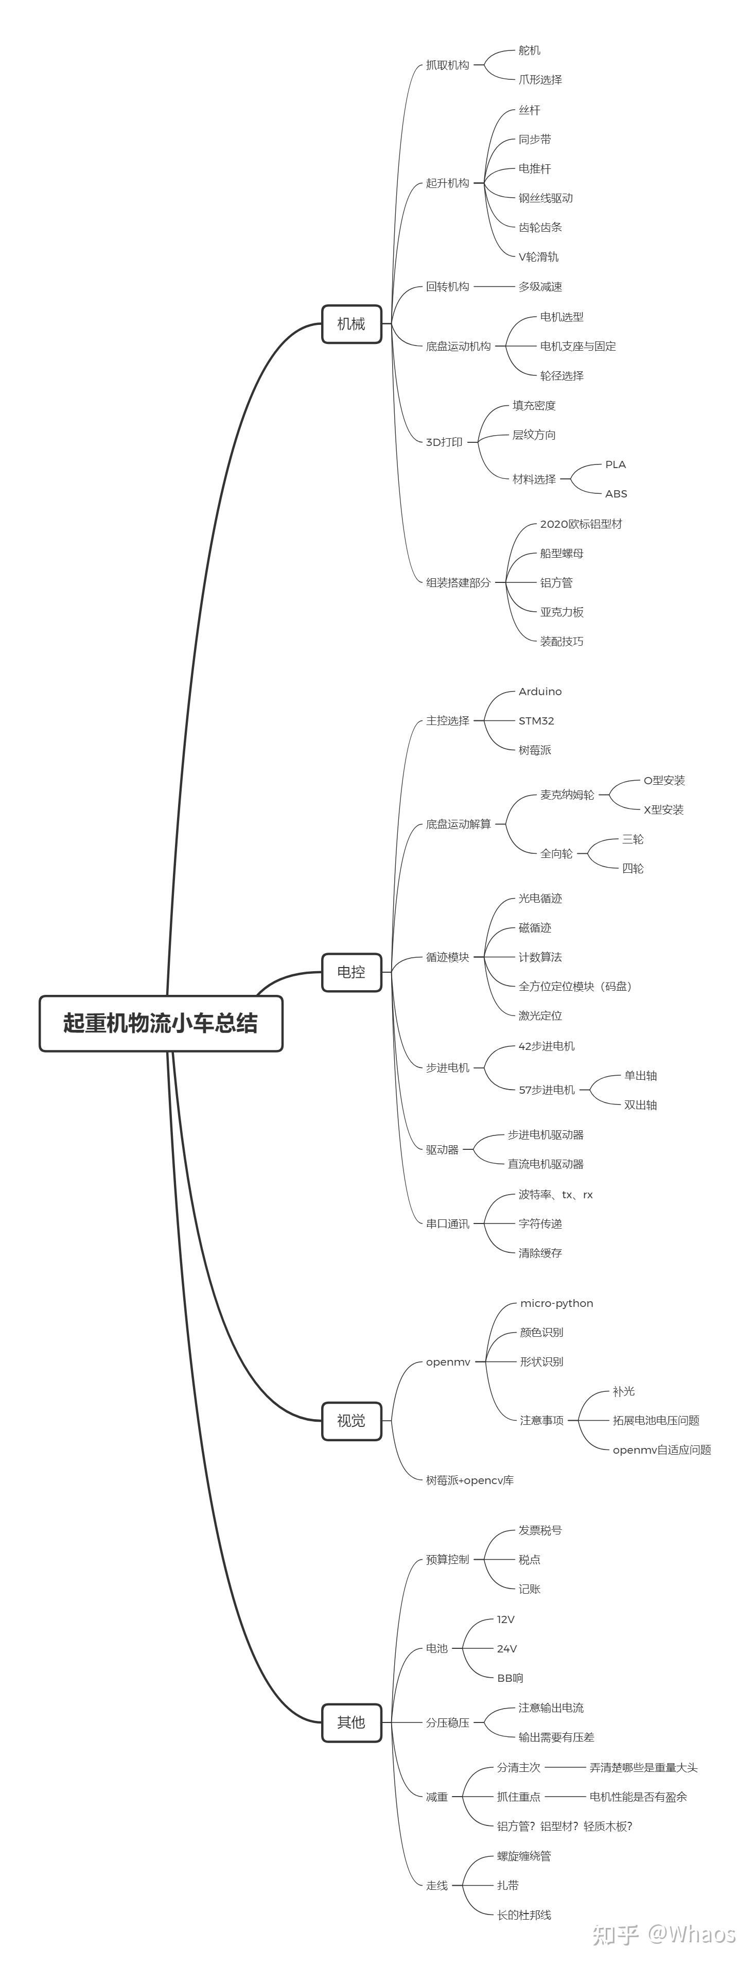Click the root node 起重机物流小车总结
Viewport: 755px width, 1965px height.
click(161, 1023)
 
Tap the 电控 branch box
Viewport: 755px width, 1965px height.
click(351, 972)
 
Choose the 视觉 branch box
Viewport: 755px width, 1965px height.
click(351, 1420)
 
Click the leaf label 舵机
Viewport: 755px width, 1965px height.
click(529, 50)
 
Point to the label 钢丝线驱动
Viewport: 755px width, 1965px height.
click(546, 198)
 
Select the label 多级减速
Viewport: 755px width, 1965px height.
click(540, 287)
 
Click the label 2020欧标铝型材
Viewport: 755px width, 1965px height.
click(581, 524)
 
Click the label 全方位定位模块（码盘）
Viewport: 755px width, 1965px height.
click(575, 986)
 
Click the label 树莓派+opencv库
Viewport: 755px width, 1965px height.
click(470, 1480)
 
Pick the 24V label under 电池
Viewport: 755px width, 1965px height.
click(507, 1648)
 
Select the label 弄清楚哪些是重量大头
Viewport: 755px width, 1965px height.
click(643, 1767)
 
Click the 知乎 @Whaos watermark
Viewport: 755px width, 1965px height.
click(663, 1934)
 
